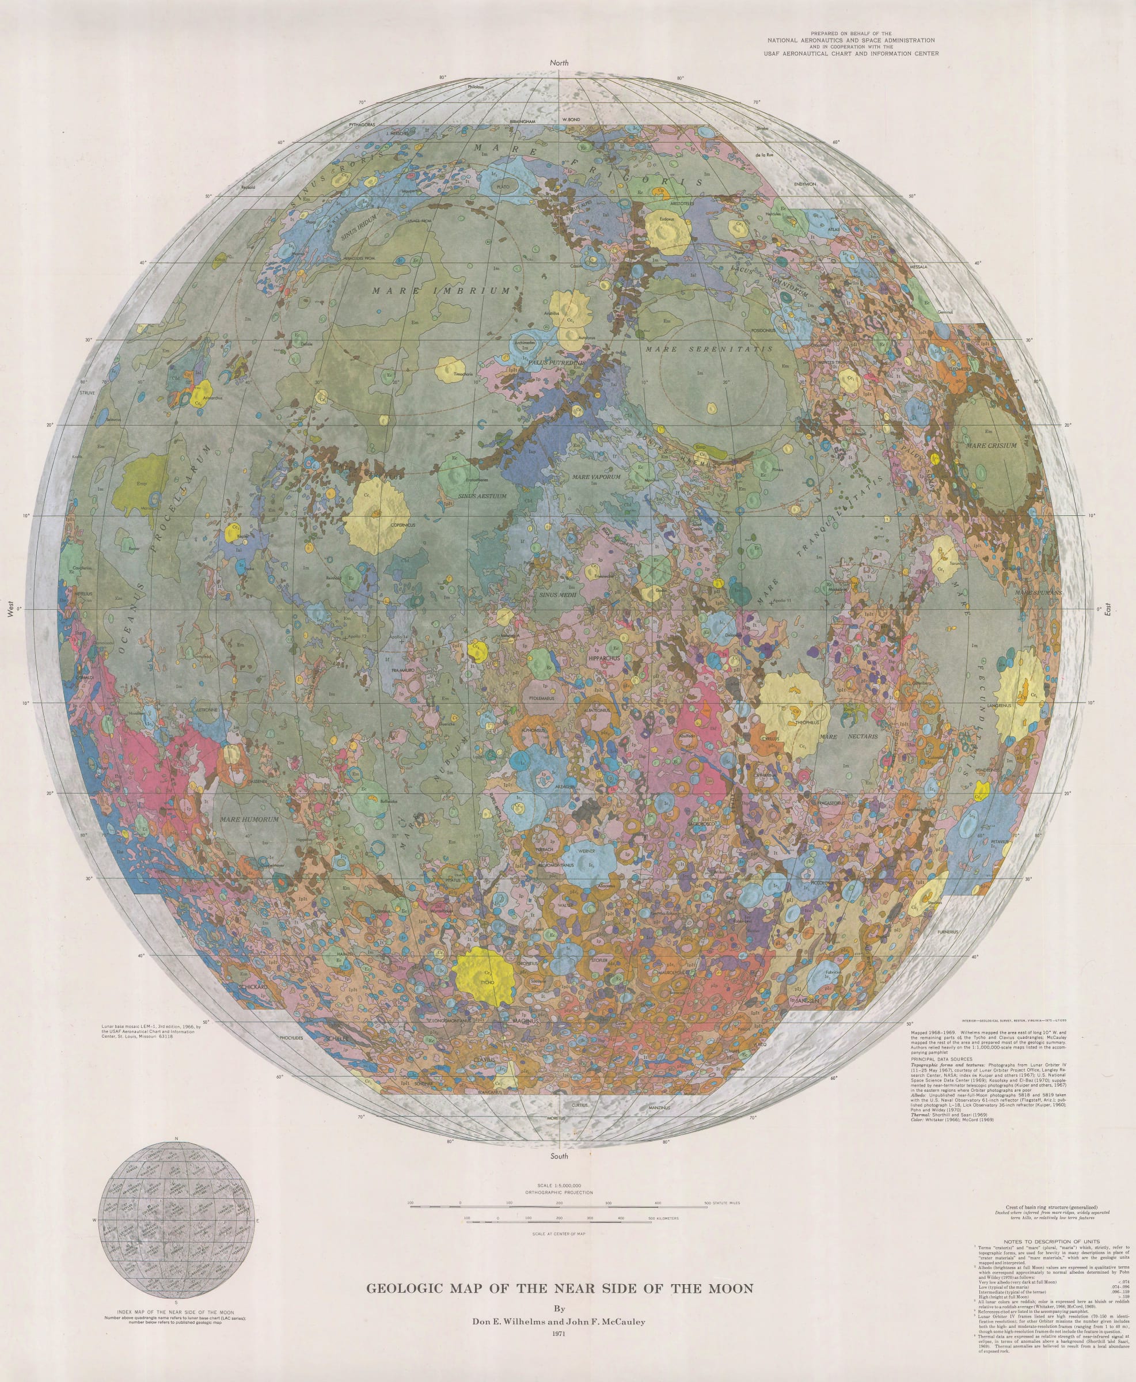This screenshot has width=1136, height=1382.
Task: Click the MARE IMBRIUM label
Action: pos(441,291)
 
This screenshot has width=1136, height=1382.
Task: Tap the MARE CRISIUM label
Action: pos(991,446)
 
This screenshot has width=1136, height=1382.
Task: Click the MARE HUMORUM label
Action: pos(249,819)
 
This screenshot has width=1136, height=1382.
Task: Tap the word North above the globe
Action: pos(559,63)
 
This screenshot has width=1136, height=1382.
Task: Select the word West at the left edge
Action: pos(10,609)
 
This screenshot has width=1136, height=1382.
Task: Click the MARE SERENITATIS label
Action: pos(709,350)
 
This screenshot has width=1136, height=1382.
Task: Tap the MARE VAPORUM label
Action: pos(596,477)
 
